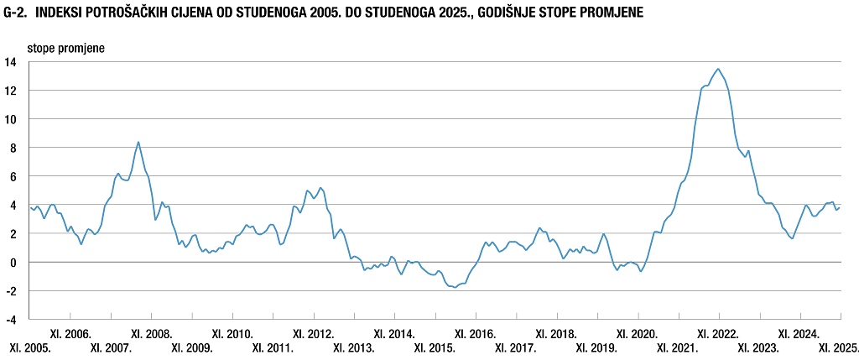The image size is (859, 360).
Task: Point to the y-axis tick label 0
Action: [x=13, y=262]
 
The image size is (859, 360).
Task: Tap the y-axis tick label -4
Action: [x=11, y=320]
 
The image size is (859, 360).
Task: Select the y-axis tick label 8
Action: [x=13, y=148]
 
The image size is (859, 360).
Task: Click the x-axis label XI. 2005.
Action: [x=30, y=347]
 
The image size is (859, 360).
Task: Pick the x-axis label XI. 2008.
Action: [x=152, y=334]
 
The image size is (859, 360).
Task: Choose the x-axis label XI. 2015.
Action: [x=435, y=347]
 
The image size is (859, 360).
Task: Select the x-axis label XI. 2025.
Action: [x=839, y=347]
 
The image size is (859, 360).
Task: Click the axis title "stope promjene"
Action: [x=66, y=47]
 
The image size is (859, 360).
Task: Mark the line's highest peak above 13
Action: [x=719, y=69]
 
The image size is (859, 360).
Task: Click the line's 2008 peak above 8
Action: [x=138, y=142]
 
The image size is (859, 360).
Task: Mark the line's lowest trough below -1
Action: [x=455, y=287]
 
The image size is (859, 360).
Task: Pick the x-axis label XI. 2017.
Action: [x=516, y=347]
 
